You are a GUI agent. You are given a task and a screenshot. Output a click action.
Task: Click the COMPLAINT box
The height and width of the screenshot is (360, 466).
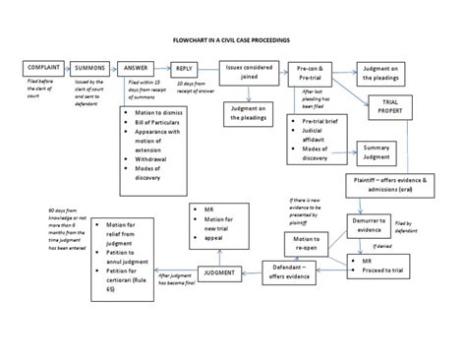point(45,68)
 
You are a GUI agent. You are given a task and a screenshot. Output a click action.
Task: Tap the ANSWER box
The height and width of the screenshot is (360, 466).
point(137,68)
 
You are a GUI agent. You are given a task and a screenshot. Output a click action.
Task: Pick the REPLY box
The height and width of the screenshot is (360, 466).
point(184,68)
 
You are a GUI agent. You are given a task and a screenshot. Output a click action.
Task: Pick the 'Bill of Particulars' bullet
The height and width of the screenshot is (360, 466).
point(157,126)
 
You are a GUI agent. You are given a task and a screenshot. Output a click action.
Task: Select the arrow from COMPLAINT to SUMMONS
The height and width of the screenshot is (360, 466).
point(70,68)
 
